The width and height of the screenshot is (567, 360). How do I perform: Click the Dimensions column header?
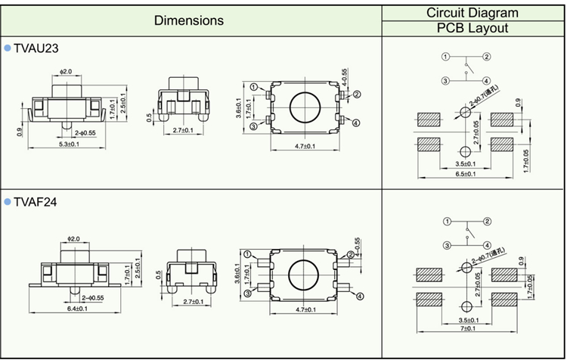pos(189,20)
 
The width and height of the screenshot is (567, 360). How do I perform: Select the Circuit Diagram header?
pos(472,12)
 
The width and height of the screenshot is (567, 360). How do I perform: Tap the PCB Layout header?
pos(472,29)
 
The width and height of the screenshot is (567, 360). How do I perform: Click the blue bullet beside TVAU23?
pos(8,48)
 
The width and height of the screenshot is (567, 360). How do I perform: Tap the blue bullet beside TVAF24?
pos(8,203)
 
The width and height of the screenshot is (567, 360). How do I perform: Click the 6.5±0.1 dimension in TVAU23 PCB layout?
pos(466,174)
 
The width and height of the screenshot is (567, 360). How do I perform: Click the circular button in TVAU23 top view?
pos(303,107)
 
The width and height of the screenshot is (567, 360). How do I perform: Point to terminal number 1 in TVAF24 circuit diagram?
pos(447,221)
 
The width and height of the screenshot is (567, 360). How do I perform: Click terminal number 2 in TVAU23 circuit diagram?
pos(487,57)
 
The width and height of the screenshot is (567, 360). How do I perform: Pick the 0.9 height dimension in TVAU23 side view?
pos(20,131)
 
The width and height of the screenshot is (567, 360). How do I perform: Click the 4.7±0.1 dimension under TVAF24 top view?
pos(303,309)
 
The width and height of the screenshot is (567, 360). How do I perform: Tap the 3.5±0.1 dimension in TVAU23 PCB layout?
pos(466,163)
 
